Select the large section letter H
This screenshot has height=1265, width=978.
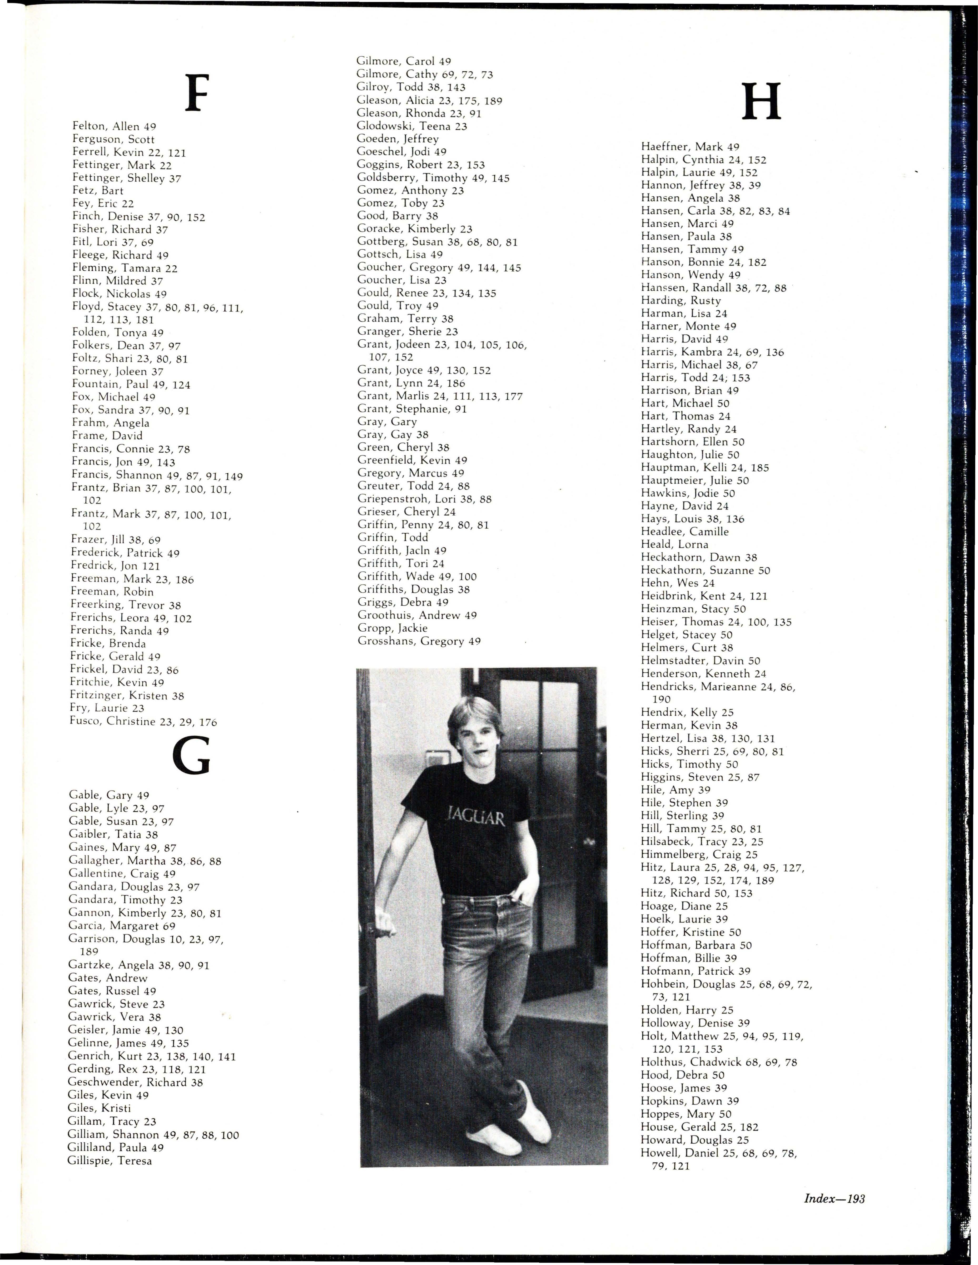pos(762,102)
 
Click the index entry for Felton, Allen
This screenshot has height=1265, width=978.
pos(114,126)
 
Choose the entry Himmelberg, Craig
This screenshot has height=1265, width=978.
pos(699,854)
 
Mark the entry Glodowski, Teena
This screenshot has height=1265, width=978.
pos(412,126)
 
